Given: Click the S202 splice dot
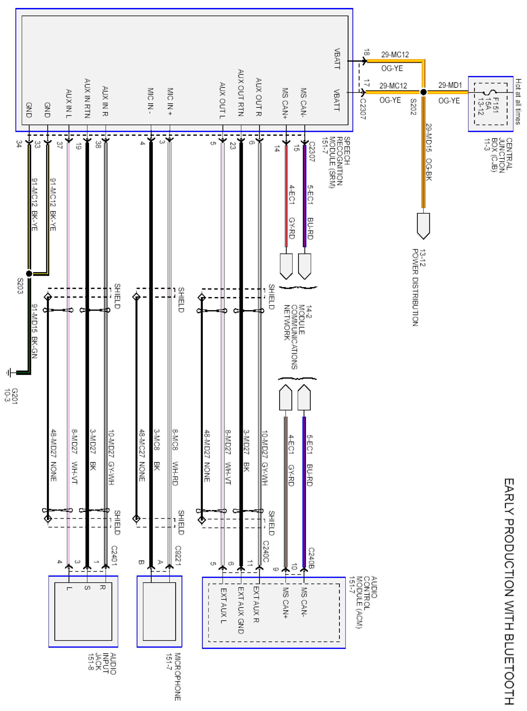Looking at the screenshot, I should (x=423, y=92).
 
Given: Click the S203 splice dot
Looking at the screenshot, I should (x=29, y=273).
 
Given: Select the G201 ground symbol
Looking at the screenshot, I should (x=9, y=372).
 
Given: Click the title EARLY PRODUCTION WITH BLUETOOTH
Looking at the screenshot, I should (x=509, y=591).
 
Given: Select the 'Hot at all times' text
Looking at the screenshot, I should (x=518, y=102).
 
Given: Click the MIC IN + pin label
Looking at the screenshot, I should (x=170, y=102).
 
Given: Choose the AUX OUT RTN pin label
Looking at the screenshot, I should (x=241, y=93).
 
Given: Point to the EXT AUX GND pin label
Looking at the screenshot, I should (x=241, y=610).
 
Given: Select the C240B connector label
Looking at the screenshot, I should (x=311, y=558).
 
